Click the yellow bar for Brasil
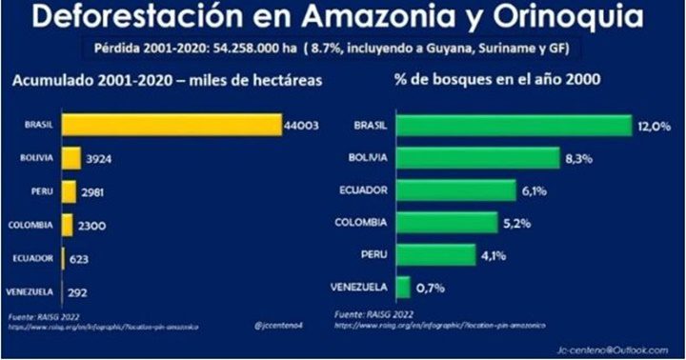[x=171, y=126]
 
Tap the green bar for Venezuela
[x=402, y=288]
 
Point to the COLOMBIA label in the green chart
[x=361, y=223]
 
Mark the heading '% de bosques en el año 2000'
[x=490, y=83]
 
